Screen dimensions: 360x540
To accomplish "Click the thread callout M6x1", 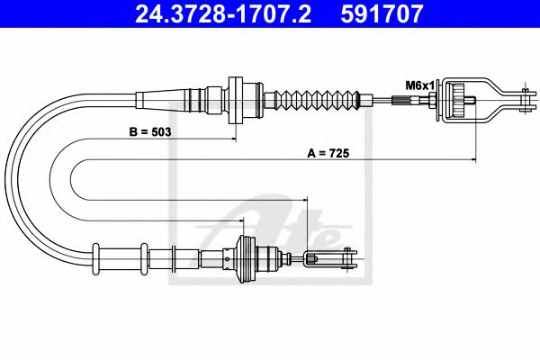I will pyautogui.click(x=417, y=85).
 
